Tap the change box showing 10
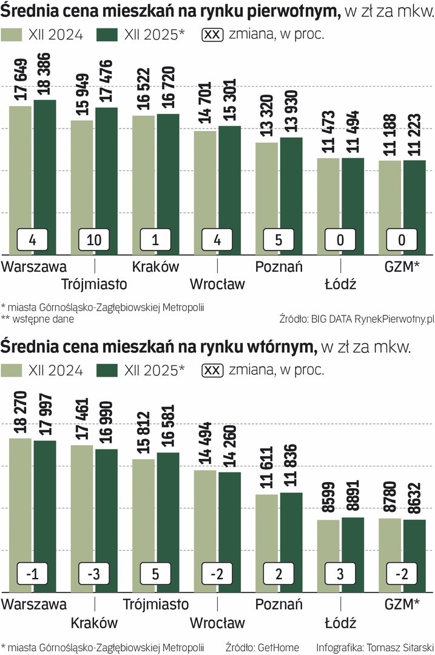pyautogui.click(x=94, y=240)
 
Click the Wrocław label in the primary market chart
pyautogui.click(x=217, y=284)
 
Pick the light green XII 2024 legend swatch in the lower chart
pyautogui.click(x=12, y=371)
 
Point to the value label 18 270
pyautogui.click(x=20, y=414)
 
